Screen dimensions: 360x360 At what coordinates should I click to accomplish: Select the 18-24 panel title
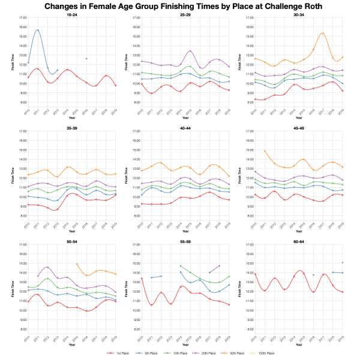click(x=71, y=14)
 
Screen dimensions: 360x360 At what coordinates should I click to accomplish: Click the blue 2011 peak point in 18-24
click(x=38, y=30)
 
